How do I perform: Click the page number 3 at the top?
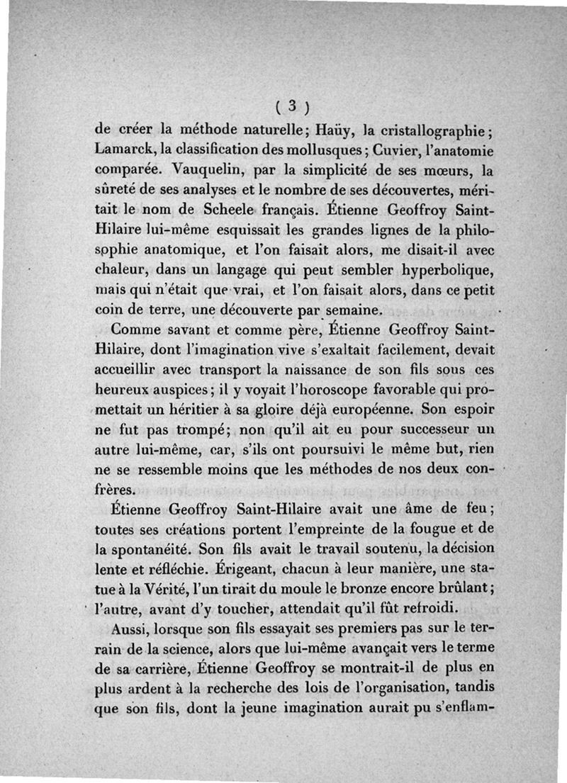point(291,107)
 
